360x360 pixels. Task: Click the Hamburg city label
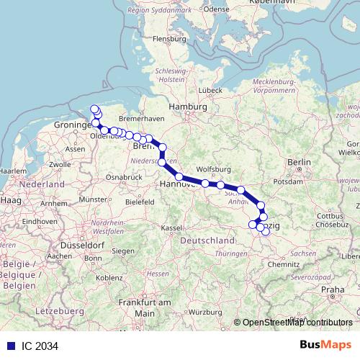coord(183,107)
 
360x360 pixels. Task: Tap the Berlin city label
coord(298,163)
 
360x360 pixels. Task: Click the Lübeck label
coord(210,90)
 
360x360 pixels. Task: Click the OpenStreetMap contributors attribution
coord(298,323)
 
